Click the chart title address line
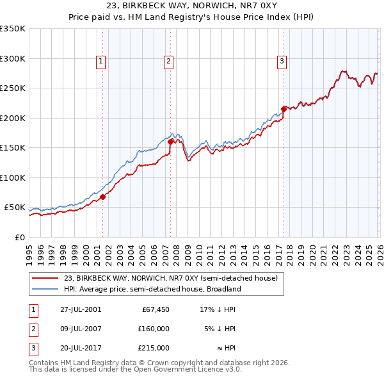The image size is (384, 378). pyautogui.click(x=192, y=6)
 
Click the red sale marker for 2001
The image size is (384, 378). pyautogui.click(x=103, y=197)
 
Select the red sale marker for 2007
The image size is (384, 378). pyautogui.click(x=170, y=142)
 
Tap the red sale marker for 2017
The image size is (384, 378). pyautogui.click(x=284, y=109)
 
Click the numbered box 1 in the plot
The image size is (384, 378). pyautogui.click(x=101, y=62)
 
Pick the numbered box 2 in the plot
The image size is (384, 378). pyautogui.click(x=168, y=62)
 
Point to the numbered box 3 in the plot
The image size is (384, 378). pyautogui.click(x=282, y=62)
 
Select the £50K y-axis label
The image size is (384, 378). pyautogui.click(x=15, y=208)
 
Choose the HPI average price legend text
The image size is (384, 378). pyautogui.click(x=152, y=289)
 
